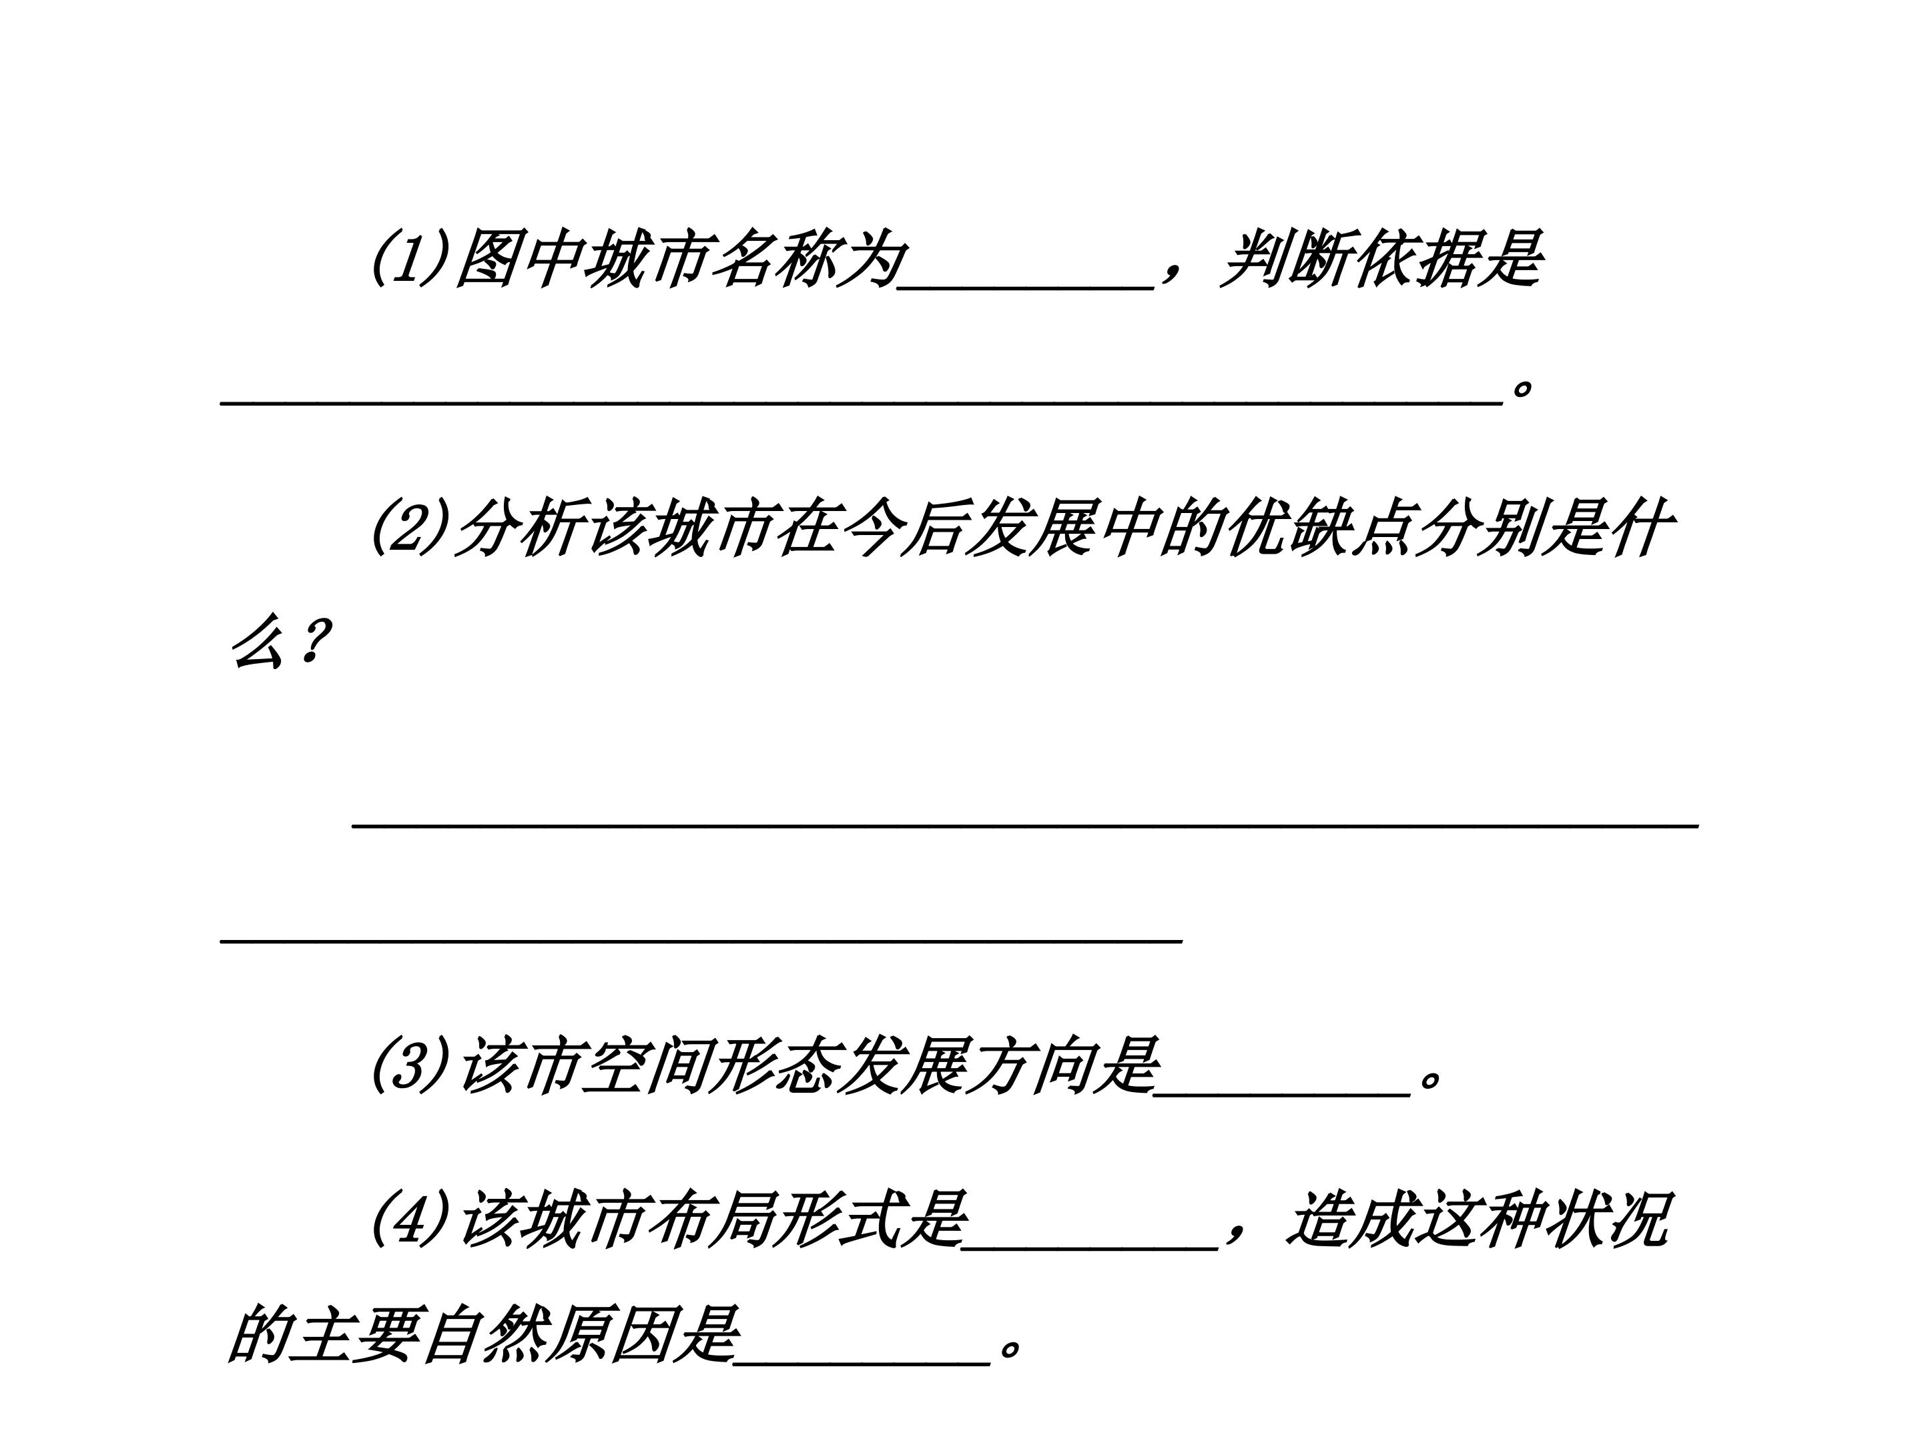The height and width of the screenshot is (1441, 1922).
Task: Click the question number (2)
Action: pyautogui.click(x=410, y=528)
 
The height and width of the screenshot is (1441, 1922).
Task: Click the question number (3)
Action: pyautogui.click(x=410, y=1067)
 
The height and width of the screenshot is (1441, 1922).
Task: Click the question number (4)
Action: pyautogui.click(x=410, y=1220)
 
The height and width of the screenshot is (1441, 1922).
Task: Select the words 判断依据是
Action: pyautogui.click(x=1381, y=258)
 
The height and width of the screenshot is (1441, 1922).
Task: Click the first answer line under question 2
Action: pyautogui.click(x=1025, y=826)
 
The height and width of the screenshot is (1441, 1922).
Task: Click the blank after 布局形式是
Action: pyautogui.click(x=1090, y=1248)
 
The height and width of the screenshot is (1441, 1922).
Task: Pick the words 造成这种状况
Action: pyautogui.click(x=1477, y=1220)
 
